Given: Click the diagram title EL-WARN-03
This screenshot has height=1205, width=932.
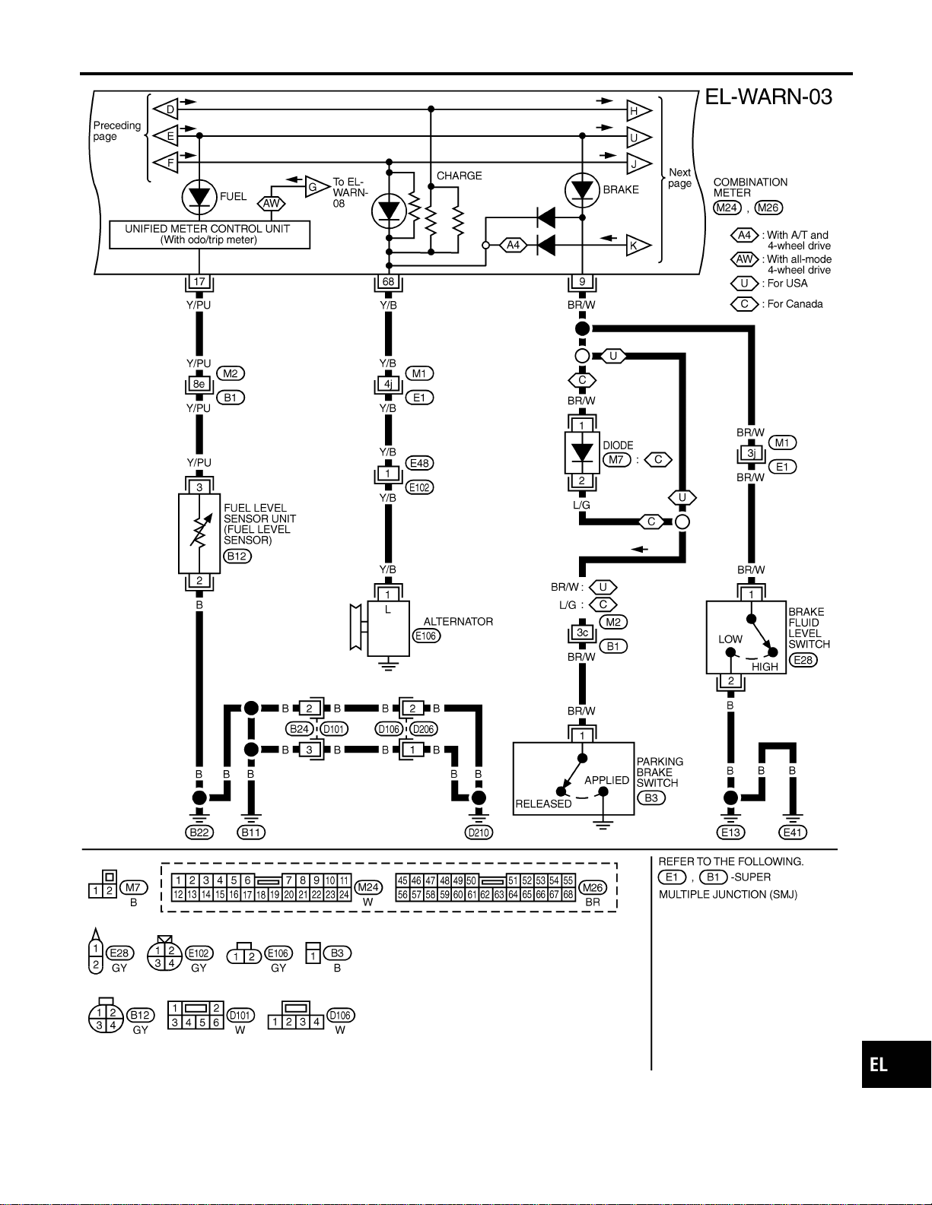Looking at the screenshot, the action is point(768,97).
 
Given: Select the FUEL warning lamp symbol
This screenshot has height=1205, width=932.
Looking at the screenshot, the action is point(199,197).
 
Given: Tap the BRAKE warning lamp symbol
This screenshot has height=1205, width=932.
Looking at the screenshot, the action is point(582,190).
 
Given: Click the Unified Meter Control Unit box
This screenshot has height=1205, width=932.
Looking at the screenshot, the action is point(210,235).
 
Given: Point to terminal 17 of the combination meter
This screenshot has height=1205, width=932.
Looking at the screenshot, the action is point(199,281).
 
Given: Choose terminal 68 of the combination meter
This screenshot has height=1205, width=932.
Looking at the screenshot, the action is point(388,281).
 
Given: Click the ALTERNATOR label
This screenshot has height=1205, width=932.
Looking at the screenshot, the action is point(458,622).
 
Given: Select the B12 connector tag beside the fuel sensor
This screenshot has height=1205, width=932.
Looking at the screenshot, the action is point(237,556).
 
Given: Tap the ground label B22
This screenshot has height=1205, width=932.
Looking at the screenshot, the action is point(199,832).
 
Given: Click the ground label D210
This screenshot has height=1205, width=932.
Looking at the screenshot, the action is point(479,832).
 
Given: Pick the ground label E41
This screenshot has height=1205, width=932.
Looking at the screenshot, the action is point(793,832).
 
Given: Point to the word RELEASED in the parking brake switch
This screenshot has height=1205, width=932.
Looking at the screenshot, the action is point(543,804).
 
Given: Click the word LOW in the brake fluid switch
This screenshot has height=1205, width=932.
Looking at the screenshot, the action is point(730,639).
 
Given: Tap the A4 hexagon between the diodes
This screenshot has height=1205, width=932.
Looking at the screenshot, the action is point(513,245).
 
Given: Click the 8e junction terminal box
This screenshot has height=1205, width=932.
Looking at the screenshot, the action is point(199,384).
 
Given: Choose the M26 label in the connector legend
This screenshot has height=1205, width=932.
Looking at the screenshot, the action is point(593,887).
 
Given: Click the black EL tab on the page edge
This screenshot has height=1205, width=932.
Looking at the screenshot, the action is point(896,1064).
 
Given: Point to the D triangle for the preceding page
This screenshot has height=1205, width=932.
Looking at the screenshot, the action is point(165,109).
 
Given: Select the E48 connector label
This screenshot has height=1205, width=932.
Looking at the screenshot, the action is point(419,463).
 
